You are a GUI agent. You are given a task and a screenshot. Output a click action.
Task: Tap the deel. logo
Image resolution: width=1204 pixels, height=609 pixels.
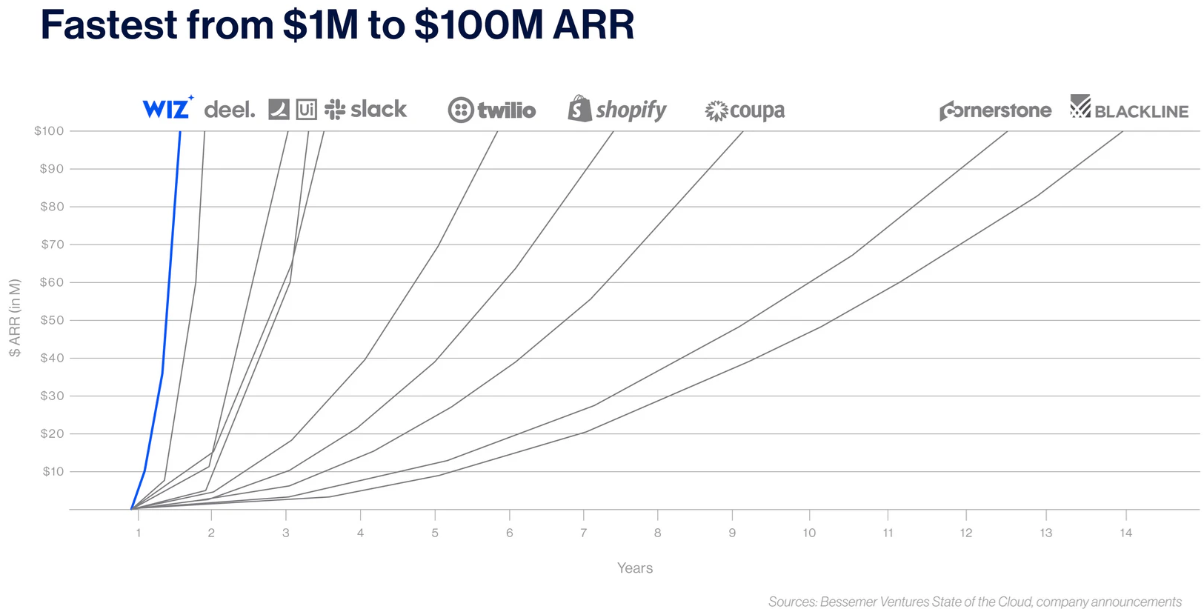tap(230, 110)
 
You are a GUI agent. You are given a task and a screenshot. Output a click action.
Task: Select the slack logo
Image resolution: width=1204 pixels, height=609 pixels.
tap(365, 109)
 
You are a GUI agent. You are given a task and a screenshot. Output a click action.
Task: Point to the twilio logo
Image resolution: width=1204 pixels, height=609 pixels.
tap(492, 110)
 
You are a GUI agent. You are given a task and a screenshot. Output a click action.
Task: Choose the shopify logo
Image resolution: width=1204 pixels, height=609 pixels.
tap(617, 109)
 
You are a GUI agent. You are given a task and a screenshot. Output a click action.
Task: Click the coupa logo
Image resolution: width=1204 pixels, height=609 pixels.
tap(745, 110)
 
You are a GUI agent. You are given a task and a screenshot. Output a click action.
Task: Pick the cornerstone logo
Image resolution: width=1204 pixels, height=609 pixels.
tap(996, 110)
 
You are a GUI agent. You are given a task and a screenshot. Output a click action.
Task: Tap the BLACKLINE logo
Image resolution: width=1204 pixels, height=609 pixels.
tap(1128, 107)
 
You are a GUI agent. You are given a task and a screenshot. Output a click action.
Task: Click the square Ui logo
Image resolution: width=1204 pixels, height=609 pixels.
tap(307, 110)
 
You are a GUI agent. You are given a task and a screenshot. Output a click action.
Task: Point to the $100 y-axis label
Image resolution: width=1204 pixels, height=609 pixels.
tap(49, 131)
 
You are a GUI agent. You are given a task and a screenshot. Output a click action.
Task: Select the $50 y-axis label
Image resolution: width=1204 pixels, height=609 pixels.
tap(52, 320)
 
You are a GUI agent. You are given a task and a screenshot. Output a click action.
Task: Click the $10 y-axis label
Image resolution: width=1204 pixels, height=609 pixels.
tap(53, 472)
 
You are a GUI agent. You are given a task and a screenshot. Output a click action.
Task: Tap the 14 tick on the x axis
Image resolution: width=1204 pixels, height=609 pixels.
tap(1125, 533)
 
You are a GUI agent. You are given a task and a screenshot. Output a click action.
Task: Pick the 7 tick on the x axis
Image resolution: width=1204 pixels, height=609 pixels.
tap(583, 533)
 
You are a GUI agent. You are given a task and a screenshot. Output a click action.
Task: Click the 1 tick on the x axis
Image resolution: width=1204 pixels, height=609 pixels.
tap(138, 533)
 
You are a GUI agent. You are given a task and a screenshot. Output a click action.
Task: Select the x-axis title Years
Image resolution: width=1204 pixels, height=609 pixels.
tap(635, 568)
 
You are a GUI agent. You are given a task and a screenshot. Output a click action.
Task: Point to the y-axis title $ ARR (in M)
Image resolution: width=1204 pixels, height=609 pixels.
tap(15, 318)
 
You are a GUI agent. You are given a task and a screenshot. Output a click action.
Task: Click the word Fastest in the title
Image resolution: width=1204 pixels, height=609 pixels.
tap(109, 24)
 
